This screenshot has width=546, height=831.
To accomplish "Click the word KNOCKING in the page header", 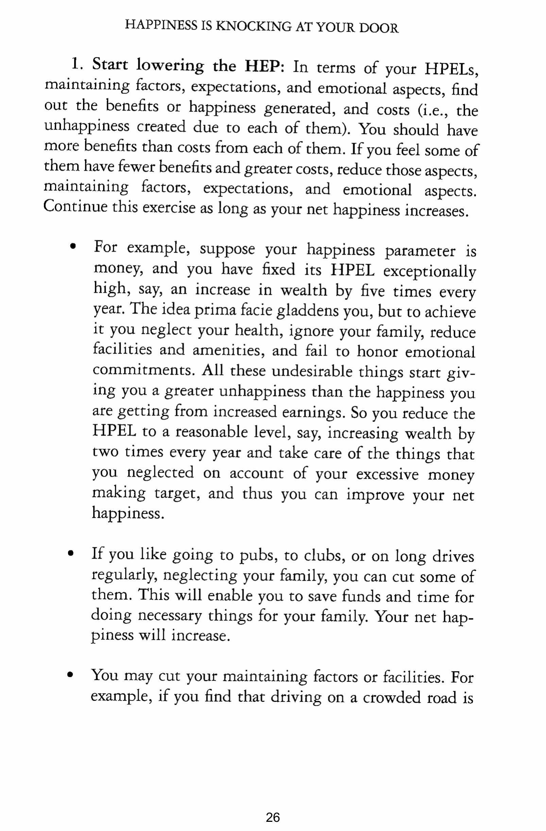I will [254, 27].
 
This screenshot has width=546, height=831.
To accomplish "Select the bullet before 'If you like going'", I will [71, 554].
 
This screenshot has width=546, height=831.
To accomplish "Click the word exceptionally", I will [429, 272].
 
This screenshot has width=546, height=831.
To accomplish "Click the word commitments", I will [142, 370].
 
